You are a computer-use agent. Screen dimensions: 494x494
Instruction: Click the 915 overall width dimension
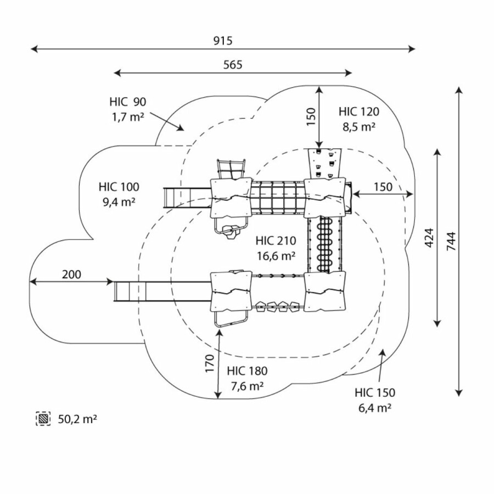click(x=223, y=41)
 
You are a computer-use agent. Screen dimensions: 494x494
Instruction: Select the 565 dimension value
click(x=233, y=64)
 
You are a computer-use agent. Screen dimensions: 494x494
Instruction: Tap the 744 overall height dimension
click(x=452, y=240)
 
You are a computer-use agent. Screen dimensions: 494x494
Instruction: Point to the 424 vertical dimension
click(x=429, y=237)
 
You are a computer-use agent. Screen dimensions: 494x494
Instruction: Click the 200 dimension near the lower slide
click(x=71, y=274)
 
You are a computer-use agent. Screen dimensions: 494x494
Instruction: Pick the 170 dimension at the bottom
click(x=210, y=364)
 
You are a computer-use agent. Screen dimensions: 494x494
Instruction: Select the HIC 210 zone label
click(x=276, y=240)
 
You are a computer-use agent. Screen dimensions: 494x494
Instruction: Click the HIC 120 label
click(x=359, y=111)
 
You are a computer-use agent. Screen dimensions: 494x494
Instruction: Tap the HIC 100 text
click(x=119, y=186)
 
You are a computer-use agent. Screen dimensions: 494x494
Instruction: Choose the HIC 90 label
click(x=127, y=102)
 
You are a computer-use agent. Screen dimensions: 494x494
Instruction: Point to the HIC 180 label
click(x=247, y=370)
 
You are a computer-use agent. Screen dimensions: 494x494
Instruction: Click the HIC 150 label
click(x=375, y=392)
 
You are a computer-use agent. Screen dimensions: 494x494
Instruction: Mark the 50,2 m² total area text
click(x=77, y=419)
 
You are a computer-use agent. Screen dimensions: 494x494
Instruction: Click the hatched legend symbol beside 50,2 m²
click(x=43, y=419)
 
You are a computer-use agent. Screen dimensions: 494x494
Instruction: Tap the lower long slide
click(x=162, y=291)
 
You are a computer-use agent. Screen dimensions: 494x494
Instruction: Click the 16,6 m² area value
click(x=277, y=255)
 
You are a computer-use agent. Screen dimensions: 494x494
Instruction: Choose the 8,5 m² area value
click(x=359, y=126)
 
